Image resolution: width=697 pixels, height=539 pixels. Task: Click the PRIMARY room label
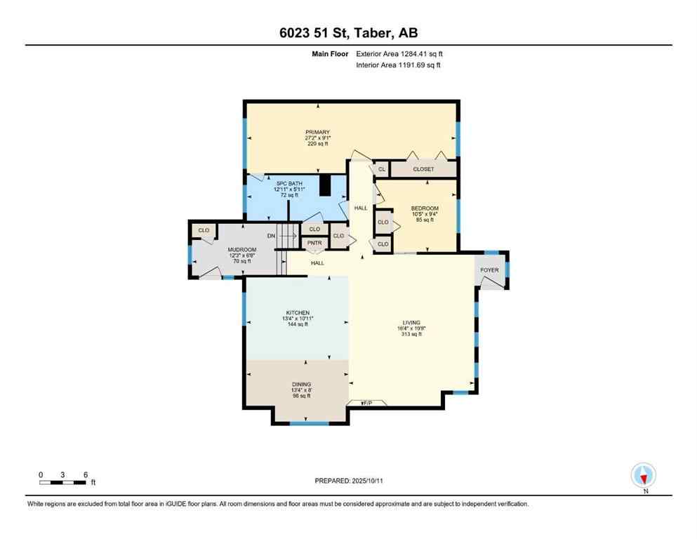(317, 132)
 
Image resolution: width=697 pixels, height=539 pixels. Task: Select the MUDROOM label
(241, 250)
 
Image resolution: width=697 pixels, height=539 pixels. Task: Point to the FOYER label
(489, 270)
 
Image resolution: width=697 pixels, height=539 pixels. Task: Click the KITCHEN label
(298, 312)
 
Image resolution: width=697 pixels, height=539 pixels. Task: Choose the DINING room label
(300, 384)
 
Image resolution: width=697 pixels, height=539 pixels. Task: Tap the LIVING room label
(412, 323)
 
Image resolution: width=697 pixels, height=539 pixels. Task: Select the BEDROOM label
(425, 208)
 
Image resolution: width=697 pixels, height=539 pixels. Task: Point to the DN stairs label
(270, 236)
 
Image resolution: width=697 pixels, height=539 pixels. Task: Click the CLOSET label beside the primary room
(423, 169)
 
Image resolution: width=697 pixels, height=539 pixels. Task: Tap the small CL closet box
(381, 169)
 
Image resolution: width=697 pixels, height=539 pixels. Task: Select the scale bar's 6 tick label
(85, 474)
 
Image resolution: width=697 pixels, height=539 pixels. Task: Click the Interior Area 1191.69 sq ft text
(399, 65)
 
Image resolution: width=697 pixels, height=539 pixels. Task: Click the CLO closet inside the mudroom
(204, 230)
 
